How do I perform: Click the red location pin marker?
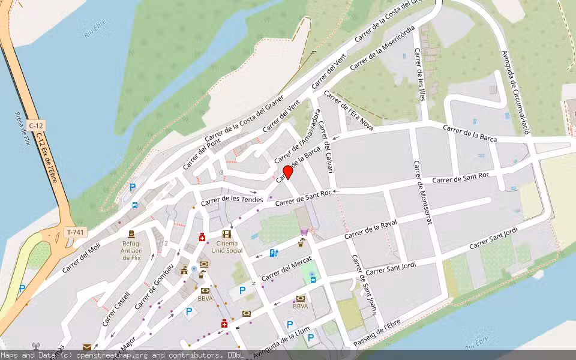coord(288,172)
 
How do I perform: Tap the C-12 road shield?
coord(36,125)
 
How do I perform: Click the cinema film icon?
coord(226,234)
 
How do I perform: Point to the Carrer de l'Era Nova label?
coord(348,110)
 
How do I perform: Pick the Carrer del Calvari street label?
coord(326,146)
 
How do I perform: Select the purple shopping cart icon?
coord(304,232)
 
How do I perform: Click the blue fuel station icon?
coord(274,253)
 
